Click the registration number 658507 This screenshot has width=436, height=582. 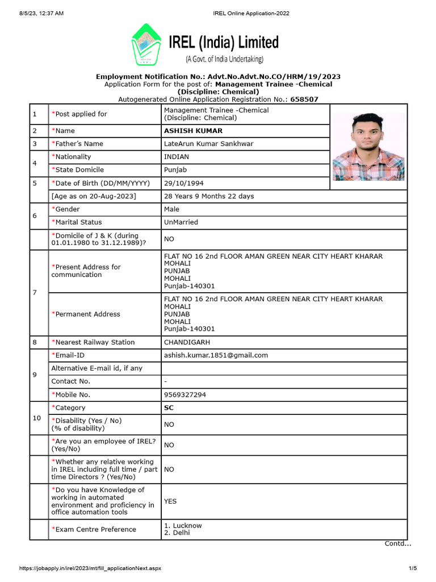click(304, 99)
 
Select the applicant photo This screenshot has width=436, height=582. click(368, 147)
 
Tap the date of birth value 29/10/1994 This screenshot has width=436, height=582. click(184, 184)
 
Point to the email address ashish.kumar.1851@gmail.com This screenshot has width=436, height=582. click(216, 355)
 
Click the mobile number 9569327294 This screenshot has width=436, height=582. click(185, 394)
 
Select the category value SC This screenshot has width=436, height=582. click(169, 408)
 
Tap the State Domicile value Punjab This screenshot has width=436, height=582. click(175, 170)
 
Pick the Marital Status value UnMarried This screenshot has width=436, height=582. click(181, 222)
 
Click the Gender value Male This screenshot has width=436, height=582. click(171, 209)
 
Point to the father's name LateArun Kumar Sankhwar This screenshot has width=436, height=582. click(208, 144)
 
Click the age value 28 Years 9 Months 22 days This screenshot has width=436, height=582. click(209, 196)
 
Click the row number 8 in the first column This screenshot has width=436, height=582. click(35, 342)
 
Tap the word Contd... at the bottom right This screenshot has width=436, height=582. click(398, 543)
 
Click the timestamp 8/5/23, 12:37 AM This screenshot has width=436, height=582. click(35, 13)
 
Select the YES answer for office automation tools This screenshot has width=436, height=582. click(170, 501)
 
